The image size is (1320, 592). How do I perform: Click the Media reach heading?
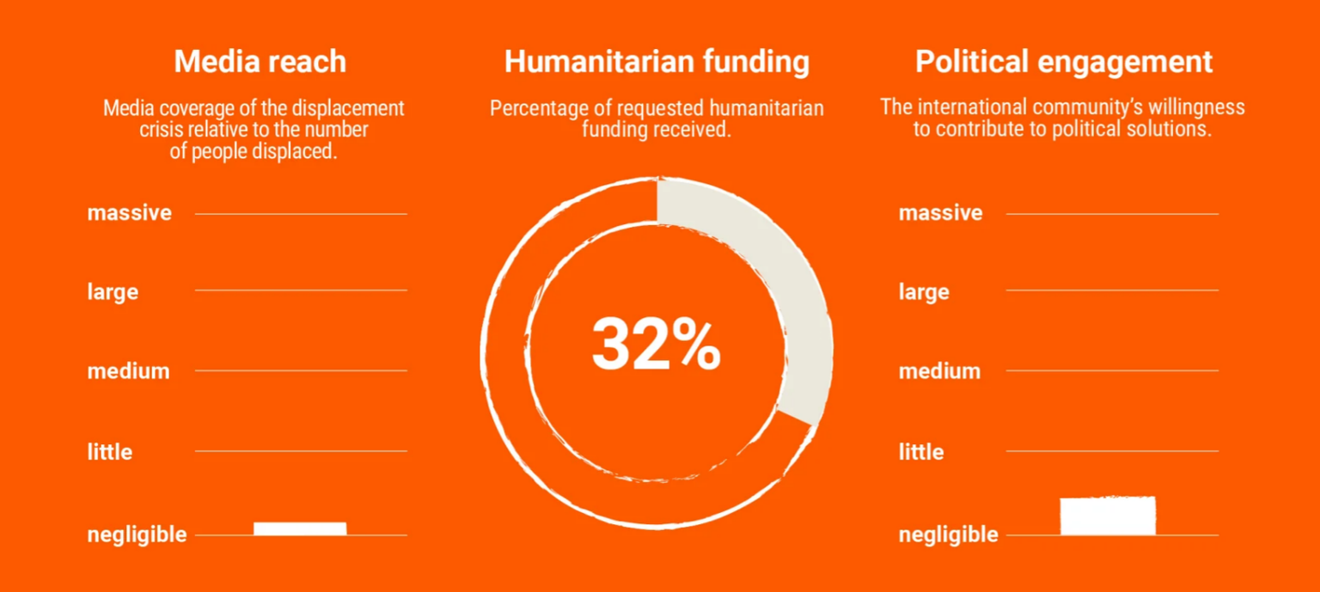click(260, 62)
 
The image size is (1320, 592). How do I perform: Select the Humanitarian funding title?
click(657, 62)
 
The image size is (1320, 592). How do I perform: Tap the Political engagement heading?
click(1064, 62)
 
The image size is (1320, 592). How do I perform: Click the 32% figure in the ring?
click(656, 345)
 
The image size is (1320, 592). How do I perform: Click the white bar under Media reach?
click(300, 528)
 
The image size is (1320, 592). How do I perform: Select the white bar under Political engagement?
click(1108, 516)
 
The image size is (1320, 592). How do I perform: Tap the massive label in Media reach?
click(130, 213)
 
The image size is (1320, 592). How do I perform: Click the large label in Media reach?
click(113, 292)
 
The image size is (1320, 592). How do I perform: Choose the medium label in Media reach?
click(129, 372)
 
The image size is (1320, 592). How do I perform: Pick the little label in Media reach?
click(110, 452)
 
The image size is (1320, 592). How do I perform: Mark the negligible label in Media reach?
click(137, 534)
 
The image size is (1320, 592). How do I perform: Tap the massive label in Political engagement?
click(941, 213)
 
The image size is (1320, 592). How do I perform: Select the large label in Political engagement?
click(924, 292)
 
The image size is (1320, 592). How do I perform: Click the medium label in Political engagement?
click(940, 372)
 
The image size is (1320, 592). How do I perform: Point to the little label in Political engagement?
click(921, 452)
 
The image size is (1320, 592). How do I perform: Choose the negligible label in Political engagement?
click(949, 534)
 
